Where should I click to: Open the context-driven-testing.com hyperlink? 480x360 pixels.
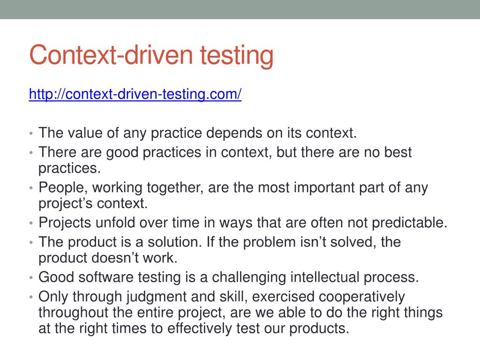(135, 95)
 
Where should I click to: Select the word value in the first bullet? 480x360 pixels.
(85, 133)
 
